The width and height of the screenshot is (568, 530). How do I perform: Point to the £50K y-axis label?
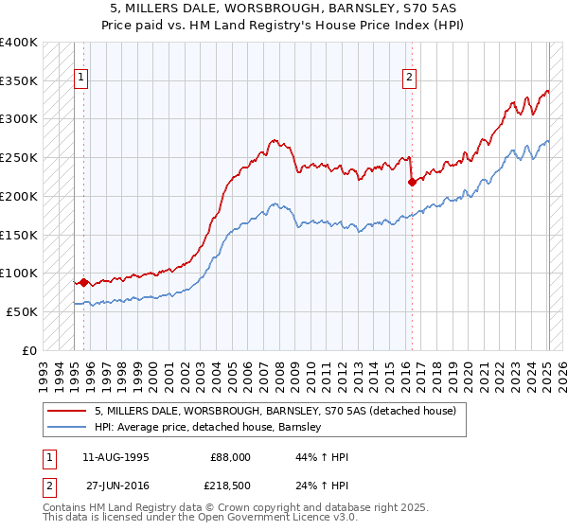tap(21, 311)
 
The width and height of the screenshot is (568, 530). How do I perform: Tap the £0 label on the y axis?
tap(30, 350)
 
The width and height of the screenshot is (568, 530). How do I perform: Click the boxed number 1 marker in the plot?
tap(81, 79)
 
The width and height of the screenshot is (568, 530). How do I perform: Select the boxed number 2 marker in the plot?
tap(410, 79)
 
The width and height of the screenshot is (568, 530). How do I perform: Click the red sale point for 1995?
tap(83, 282)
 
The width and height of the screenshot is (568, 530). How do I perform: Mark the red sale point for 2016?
tap(411, 182)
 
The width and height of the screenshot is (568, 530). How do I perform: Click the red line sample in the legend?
tap(67, 411)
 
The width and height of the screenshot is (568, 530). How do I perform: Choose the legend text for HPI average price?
tap(208, 427)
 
